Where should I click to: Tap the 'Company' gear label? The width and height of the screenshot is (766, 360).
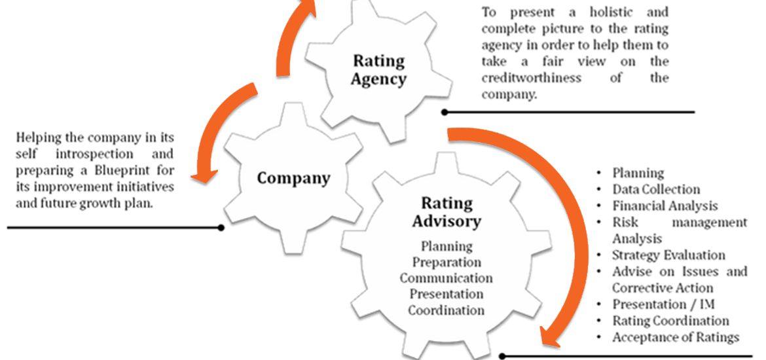click(293, 178)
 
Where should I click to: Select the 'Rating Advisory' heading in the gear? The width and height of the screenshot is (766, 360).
click(447, 212)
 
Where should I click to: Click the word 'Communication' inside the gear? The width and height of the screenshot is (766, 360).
click(447, 278)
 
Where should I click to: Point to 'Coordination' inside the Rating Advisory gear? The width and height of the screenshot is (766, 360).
click(447, 310)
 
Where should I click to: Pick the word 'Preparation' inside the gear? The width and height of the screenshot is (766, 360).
click(447, 262)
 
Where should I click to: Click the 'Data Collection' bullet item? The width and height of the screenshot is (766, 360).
click(656, 189)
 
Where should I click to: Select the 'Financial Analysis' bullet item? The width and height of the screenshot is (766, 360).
click(665, 206)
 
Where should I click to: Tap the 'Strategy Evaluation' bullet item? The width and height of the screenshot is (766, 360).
click(668, 255)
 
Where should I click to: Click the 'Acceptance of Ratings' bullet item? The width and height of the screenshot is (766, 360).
click(676, 337)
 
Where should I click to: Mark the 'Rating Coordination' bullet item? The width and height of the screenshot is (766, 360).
click(670, 321)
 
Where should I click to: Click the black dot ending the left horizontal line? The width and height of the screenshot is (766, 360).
click(221, 228)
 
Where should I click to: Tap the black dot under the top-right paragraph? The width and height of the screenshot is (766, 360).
click(445, 112)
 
